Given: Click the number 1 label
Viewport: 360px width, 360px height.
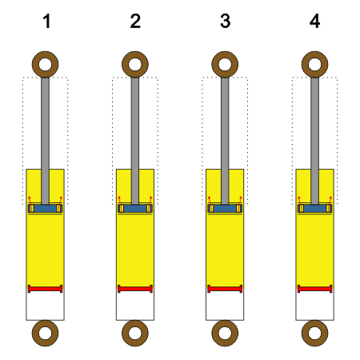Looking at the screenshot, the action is coord(46,21).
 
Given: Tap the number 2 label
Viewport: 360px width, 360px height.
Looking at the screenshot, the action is coord(135,21).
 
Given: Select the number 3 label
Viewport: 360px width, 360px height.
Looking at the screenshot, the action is coord(225,21).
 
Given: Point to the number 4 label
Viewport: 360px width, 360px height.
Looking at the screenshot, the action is coord(314,21).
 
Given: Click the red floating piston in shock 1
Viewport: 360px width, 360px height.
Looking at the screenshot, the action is coord(45,289).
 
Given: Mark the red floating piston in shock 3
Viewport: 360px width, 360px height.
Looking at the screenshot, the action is coord(225,289).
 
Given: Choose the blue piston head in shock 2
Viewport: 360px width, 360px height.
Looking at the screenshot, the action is coord(135,208).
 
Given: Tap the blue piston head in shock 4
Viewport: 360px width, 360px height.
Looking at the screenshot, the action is coord(314,208).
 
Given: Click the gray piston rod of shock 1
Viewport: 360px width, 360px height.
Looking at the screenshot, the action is coord(45,141).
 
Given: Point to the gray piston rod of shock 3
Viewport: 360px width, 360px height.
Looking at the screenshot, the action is coord(225,141).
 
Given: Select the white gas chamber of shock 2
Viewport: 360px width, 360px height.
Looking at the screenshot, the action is coord(135,306).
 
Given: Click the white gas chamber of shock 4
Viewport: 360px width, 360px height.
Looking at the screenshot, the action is coord(314,306).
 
